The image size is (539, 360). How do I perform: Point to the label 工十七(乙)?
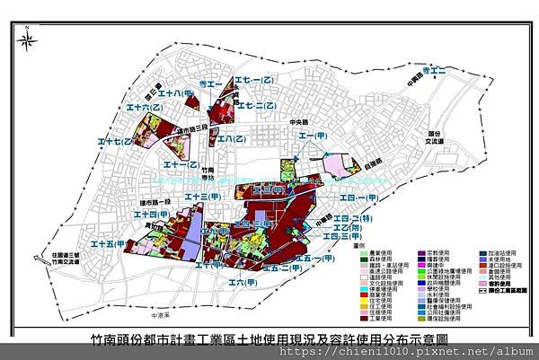(116, 142)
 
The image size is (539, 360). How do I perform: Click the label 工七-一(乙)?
(253, 81)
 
